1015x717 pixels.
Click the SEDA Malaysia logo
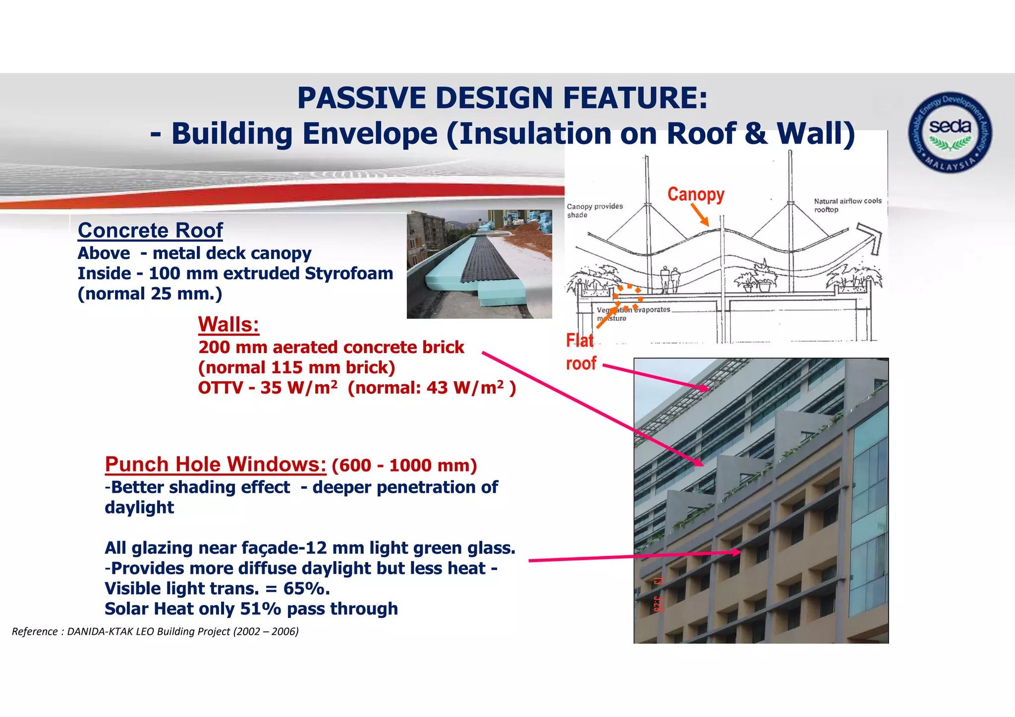950,132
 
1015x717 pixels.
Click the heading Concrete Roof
150,231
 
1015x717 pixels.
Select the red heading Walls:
228,325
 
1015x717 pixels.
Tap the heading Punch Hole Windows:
216,464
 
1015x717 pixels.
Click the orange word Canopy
695,194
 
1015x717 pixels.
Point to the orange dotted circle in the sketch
628,297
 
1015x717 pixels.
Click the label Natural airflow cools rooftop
847,205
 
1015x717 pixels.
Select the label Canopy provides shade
594,210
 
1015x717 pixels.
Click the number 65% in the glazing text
305,588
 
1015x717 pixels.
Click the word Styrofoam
349,273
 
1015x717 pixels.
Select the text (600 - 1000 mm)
404,465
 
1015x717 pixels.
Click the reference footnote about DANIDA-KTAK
155,631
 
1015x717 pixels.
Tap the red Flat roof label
580,352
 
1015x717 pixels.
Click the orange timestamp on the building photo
658,594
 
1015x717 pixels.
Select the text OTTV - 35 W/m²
268,388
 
